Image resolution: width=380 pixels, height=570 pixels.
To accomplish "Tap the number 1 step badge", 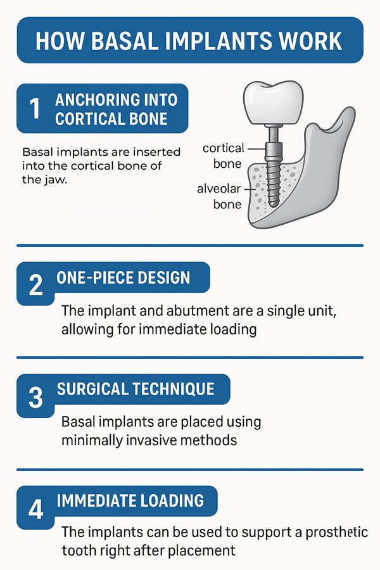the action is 35,108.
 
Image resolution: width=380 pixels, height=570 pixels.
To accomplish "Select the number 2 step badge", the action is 35,286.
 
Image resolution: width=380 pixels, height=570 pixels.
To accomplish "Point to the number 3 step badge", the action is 35,397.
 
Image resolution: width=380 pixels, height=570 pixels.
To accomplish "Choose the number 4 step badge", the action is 35,509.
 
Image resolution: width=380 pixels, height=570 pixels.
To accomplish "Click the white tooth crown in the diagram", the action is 273,103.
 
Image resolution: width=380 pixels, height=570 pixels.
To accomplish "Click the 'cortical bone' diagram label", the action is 224,156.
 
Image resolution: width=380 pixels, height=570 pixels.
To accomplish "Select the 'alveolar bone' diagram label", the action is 219,196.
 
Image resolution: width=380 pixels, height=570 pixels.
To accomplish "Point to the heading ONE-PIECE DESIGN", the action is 123,278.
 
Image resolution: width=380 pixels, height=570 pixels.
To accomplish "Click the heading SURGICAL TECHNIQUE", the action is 136,389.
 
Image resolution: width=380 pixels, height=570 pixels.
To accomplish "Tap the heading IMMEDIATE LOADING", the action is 130,501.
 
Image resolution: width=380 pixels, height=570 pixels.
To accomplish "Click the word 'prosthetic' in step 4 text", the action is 336,532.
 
